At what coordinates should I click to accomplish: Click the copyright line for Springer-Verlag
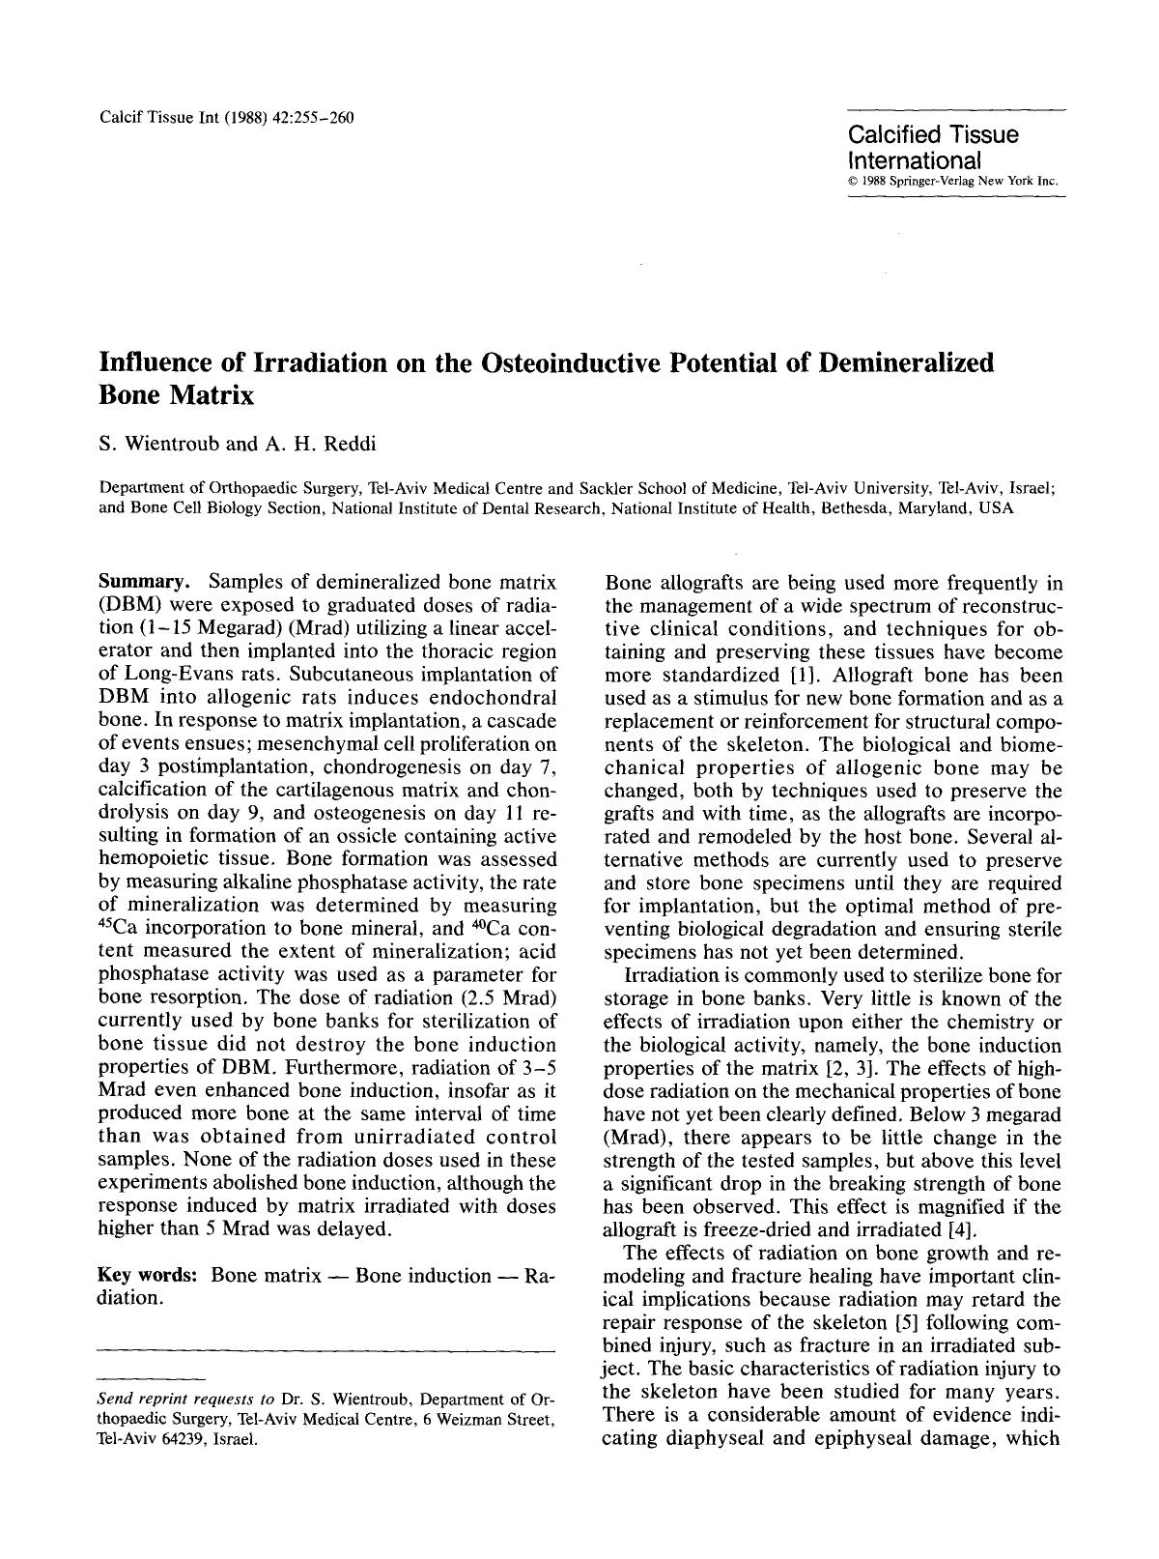click(953, 181)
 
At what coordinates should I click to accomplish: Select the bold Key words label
click(149, 1275)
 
